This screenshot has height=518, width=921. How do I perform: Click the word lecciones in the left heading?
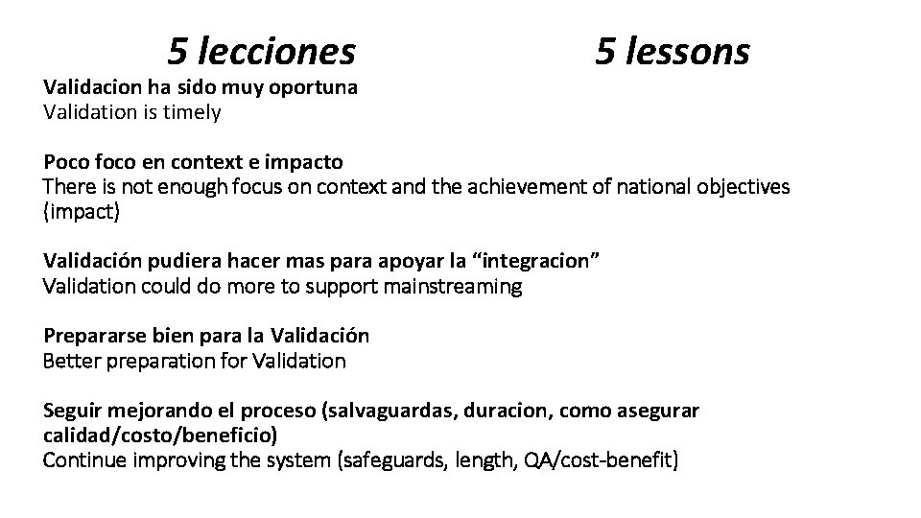276,50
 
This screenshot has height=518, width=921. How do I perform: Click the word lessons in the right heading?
687,50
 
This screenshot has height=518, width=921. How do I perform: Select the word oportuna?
316,87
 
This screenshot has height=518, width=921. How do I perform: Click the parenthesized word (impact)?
82,211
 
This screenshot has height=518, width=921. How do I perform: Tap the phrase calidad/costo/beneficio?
160,436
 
